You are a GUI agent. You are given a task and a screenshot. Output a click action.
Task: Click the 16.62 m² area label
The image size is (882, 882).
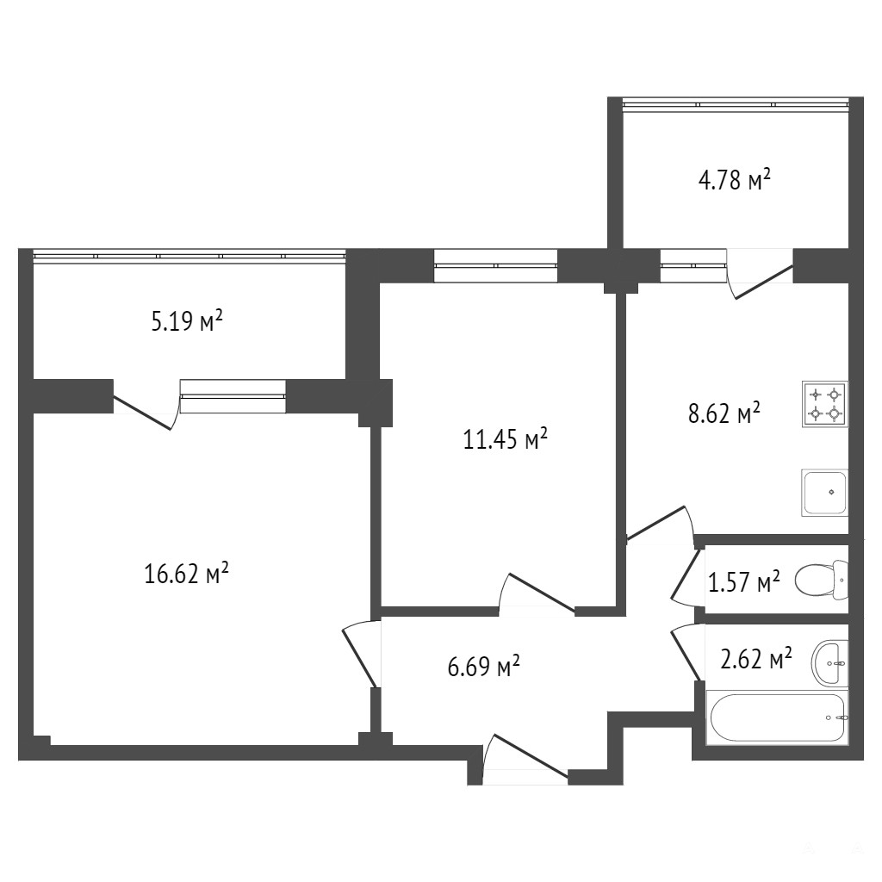186,574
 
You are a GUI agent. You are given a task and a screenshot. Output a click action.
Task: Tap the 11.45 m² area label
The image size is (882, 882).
505,438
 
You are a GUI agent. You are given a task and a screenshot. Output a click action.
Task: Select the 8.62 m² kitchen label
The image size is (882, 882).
724,413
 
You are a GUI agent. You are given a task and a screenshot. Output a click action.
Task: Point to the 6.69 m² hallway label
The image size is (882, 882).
483,667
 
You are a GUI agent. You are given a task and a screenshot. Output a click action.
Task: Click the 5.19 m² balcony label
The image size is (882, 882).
187,321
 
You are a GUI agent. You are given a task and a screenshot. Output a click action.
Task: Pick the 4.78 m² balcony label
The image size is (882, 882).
734,181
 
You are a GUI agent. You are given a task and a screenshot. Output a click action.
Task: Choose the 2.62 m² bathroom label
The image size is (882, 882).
756,659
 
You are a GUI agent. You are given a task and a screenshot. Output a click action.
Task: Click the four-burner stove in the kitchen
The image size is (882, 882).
825,404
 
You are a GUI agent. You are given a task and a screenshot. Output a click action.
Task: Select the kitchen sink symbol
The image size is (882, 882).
824,493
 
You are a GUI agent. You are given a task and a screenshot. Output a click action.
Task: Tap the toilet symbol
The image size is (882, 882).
821,580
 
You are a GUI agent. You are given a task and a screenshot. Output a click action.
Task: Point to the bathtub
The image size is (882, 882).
778,717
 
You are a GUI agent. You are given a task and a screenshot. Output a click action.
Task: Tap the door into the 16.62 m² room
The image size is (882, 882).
360,654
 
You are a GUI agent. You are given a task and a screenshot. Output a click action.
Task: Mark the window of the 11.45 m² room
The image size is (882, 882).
495,265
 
